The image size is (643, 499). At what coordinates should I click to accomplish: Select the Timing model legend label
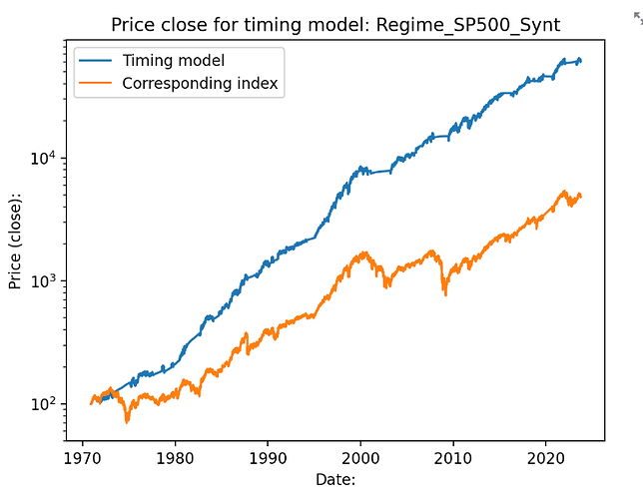click(x=174, y=61)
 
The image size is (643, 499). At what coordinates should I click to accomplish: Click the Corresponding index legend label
click(x=202, y=84)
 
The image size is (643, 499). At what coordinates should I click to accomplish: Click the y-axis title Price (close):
click(x=14, y=240)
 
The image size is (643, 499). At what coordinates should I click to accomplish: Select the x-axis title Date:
click(x=335, y=480)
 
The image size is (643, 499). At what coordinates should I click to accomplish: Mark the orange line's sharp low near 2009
click(x=444, y=294)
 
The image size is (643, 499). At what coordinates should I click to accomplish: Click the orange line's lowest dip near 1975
click(x=127, y=421)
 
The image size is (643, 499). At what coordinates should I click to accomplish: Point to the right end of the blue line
click(x=581, y=61)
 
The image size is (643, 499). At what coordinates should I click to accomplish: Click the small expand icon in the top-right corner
click(x=638, y=18)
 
